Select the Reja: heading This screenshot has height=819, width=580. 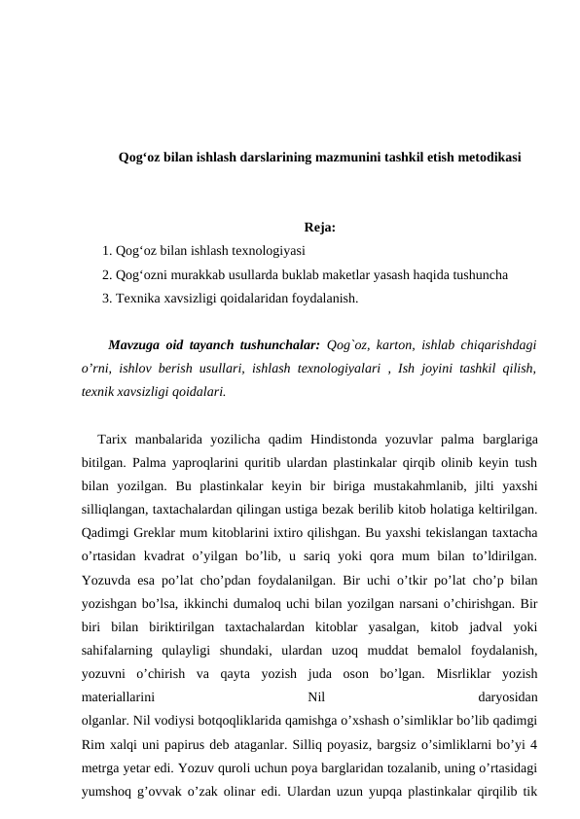click(x=320, y=230)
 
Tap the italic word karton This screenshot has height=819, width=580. click(x=393, y=344)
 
